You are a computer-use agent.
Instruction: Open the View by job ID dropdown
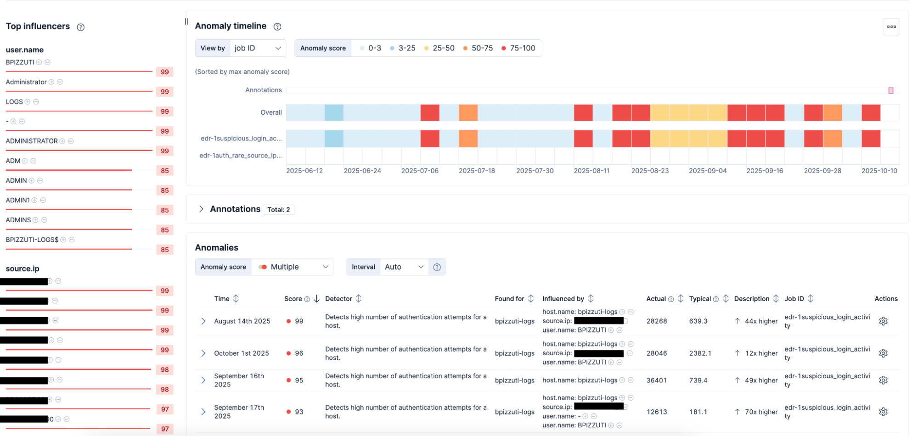[257, 48]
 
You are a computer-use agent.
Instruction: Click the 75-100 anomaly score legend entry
[518, 48]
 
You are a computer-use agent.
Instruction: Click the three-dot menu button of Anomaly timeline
[891, 27]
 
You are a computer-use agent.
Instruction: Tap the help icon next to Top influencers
[81, 27]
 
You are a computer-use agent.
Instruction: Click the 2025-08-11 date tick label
[591, 171]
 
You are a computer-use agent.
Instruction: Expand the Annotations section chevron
[201, 209]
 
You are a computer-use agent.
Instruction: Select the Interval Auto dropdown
[403, 267]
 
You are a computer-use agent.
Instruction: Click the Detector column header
[338, 299]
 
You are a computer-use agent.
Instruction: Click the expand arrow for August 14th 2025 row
[203, 321]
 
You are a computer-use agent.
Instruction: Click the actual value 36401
[657, 380]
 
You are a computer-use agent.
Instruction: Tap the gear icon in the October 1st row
[883, 353]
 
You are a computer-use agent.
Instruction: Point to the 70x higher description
[760, 412]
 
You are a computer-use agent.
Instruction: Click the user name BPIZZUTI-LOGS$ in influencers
[32, 240]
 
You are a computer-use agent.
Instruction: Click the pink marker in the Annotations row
[890, 90]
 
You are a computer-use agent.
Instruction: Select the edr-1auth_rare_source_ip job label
[241, 156]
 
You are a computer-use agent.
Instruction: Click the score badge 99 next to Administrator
[164, 92]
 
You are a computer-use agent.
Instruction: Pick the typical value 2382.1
[700, 353]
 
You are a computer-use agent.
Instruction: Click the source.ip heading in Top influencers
[23, 269]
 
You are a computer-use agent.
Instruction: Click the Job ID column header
[794, 299]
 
